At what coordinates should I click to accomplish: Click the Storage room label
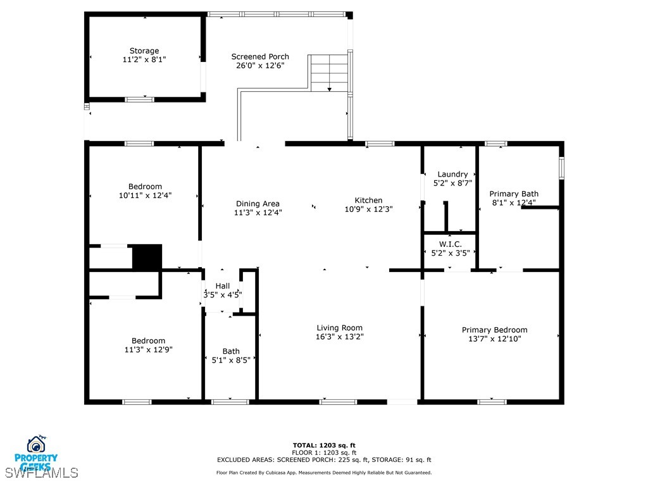pos(144,51)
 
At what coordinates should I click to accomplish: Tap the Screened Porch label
pos(260,56)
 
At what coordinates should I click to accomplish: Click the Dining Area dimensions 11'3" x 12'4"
pos(258,213)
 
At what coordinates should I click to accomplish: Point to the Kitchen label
pos(368,200)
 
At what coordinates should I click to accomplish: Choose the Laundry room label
pos(452,174)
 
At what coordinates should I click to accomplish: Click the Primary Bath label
pos(514,194)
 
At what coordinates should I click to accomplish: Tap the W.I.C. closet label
pos(451,244)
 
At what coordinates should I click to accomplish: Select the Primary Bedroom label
pos(494,330)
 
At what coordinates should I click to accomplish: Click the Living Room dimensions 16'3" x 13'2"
pos(340,337)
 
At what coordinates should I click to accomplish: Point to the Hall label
pos(223,286)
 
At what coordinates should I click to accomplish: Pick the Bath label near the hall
pos(231,351)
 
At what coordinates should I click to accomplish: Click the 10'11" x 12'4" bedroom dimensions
pos(145,196)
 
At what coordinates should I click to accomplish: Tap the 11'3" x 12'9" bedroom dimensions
pos(149,349)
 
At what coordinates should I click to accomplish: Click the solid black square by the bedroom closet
pos(147,257)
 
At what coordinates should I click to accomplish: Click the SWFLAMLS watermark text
pos(41,473)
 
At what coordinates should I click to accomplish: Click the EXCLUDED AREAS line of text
pos(324,460)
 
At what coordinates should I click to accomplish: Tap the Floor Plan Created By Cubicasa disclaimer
pos(324,473)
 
